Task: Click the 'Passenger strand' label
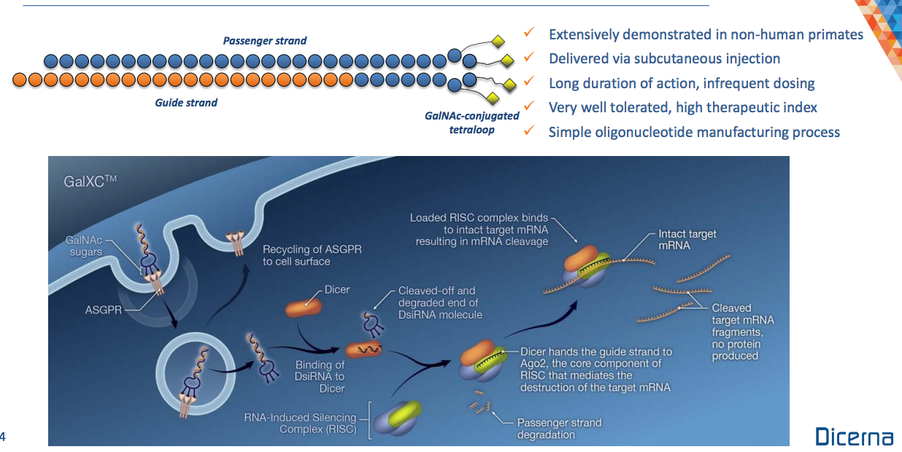click(x=265, y=41)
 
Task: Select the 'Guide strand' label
click(x=186, y=103)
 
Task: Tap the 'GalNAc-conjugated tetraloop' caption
click(x=472, y=122)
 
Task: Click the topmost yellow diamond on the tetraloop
click(x=498, y=41)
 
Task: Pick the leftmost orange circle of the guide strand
click(x=19, y=79)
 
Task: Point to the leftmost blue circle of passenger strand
click(x=51, y=61)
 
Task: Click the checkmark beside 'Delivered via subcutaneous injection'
click(x=529, y=57)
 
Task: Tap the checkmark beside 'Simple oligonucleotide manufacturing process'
click(x=529, y=130)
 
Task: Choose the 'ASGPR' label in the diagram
click(x=103, y=310)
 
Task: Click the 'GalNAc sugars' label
click(x=84, y=246)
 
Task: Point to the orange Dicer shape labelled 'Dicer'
click(x=303, y=308)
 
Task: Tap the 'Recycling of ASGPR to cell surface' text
click(x=312, y=255)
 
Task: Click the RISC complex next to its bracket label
click(x=398, y=418)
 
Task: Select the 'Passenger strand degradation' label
click(x=559, y=429)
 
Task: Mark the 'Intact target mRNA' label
click(x=687, y=240)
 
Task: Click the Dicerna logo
click(x=854, y=436)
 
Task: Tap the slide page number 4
click(x=2, y=437)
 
